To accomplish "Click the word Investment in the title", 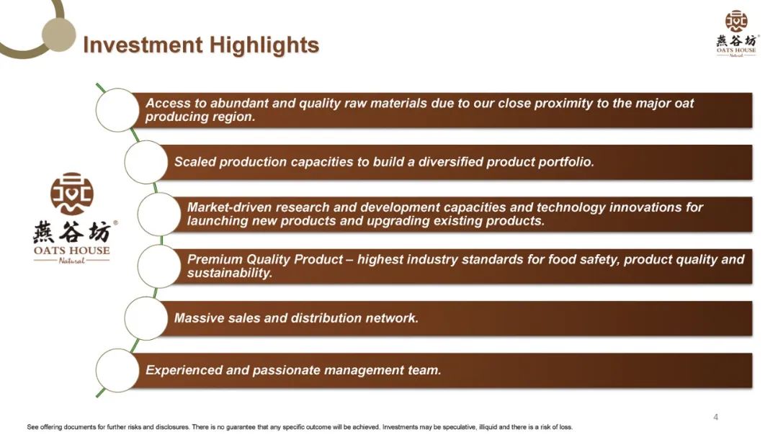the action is [x=143, y=45].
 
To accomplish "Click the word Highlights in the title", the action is [x=264, y=45].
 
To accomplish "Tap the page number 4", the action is [x=715, y=417].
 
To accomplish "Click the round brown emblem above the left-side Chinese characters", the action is [x=72, y=194].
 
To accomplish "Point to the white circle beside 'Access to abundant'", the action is [x=117, y=110].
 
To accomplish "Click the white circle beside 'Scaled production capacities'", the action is [x=146, y=162].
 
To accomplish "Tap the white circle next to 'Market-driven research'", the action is [x=158, y=215].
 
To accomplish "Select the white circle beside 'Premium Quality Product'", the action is [x=158, y=266].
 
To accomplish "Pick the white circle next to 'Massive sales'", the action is [x=146, y=318].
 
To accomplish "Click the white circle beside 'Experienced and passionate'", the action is [x=117, y=371].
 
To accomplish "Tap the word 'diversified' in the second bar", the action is [x=450, y=162].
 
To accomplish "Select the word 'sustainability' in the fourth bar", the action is [x=230, y=274].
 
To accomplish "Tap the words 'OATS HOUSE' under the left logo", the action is [x=72, y=251].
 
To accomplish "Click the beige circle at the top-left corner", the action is [x=58, y=35].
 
